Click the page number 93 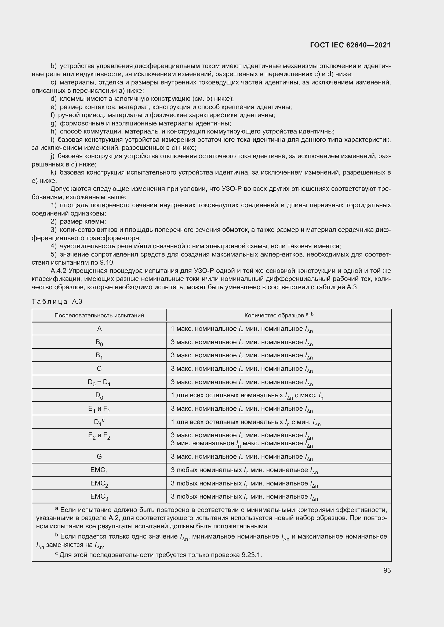(387, 570)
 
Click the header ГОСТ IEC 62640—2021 (350, 45)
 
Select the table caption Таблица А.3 (57, 302)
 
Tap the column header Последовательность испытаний (99, 316)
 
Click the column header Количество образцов (279, 316)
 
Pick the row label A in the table (99, 329)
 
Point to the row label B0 (99, 342)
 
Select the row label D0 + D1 (99, 382)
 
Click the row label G (99, 456)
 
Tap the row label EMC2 (99, 483)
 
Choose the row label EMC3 (99, 496)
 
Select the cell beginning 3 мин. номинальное (242, 443)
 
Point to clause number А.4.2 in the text (59, 271)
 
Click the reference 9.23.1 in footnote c (251, 555)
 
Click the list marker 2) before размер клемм (53, 221)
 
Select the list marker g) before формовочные (53, 123)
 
